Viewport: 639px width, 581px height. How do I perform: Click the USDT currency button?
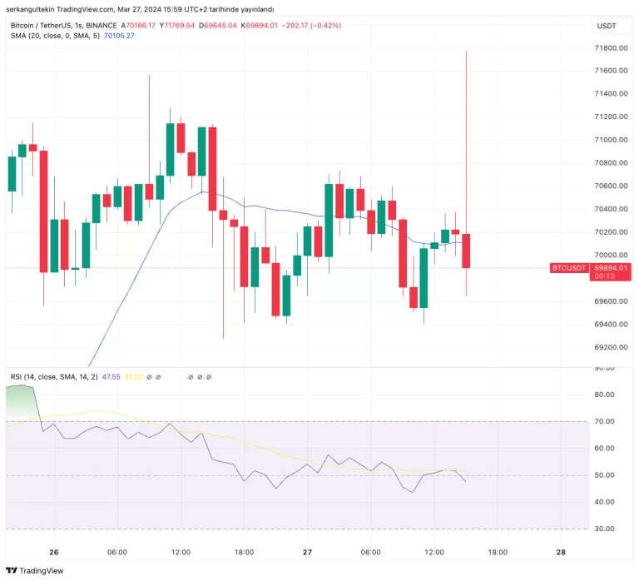pos(607,26)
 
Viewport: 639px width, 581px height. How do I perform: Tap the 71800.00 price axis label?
pos(611,48)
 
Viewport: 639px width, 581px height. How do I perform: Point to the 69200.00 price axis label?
pos(611,347)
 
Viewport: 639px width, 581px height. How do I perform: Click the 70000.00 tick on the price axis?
pos(611,256)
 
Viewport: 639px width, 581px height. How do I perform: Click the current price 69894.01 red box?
pos(611,267)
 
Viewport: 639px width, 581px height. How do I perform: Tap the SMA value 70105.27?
pos(119,37)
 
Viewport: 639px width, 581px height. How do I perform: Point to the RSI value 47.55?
pos(111,377)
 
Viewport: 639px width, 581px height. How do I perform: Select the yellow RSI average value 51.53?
pos(133,377)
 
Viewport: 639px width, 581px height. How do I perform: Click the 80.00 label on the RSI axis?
pos(605,395)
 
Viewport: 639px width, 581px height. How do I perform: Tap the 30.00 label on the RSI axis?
pos(605,529)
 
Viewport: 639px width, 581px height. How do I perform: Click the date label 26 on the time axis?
pos(54,552)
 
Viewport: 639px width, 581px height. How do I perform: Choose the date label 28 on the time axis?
pos(561,552)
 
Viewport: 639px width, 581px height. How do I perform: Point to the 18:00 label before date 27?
pos(244,552)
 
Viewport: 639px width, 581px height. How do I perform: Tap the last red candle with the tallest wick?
pos(467,251)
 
